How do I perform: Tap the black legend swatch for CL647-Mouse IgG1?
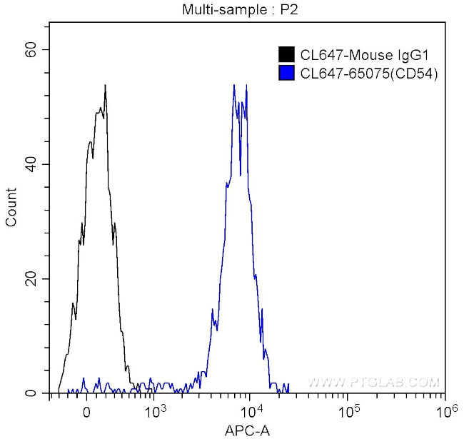click(286, 54)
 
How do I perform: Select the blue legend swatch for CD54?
click(286, 72)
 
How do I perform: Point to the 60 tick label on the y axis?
click(32, 49)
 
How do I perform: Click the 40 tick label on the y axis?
click(32, 164)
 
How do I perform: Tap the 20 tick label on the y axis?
click(32, 278)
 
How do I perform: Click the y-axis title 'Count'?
click(11, 207)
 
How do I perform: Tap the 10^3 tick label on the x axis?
click(155, 410)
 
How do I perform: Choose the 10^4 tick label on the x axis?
click(251, 410)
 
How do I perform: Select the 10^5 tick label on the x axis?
click(348, 410)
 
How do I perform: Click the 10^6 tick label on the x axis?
click(445, 410)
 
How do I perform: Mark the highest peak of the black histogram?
click(105, 86)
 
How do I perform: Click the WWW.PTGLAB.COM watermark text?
click(373, 383)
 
